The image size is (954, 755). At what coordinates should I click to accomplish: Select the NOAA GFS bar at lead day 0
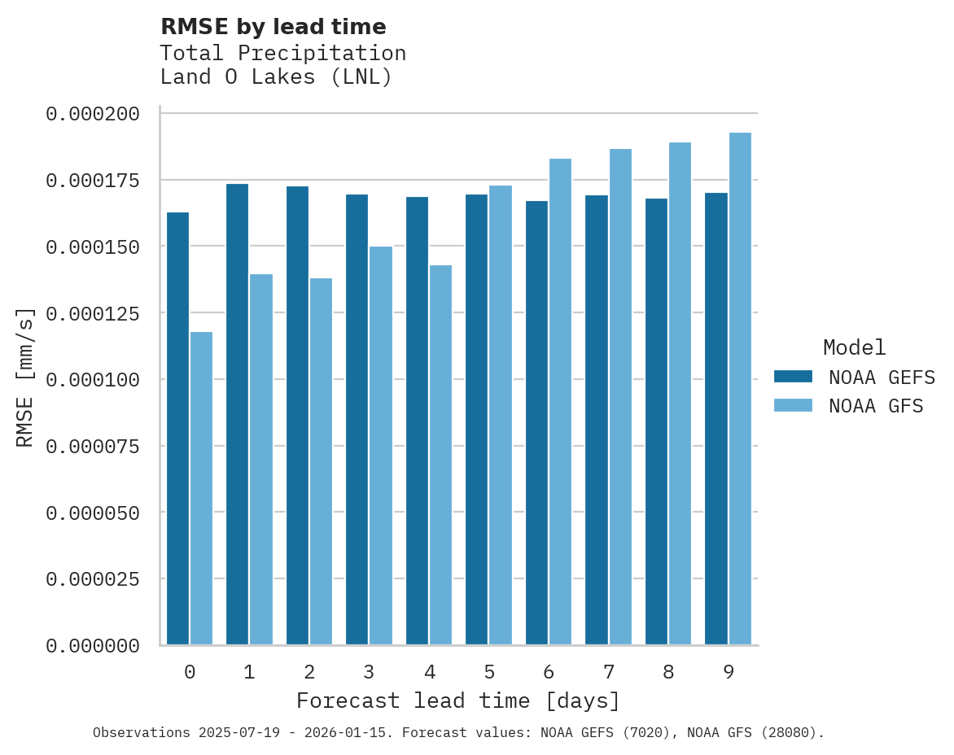tap(201, 488)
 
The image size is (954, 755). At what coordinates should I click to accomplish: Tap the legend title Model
tap(854, 347)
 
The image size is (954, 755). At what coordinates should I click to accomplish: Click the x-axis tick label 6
tap(549, 672)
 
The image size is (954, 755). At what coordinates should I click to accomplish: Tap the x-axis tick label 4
tap(429, 672)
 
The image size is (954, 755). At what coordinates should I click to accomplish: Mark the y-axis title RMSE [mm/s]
tap(25, 377)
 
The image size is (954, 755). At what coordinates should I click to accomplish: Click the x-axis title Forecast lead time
tap(458, 700)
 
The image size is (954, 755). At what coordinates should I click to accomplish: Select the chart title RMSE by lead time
tap(273, 27)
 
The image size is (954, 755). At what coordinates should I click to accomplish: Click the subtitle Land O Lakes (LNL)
tap(276, 77)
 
